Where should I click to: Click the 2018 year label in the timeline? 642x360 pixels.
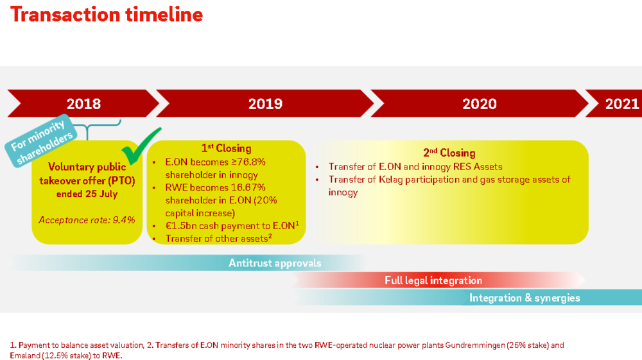click(x=83, y=104)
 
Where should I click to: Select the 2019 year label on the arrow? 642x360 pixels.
click(x=265, y=104)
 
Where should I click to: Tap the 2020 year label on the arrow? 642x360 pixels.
click(x=480, y=104)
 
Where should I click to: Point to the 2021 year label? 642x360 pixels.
click(x=622, y=104)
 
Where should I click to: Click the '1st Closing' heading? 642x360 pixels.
click(x=226, y=148)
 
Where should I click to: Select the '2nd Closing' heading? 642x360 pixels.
click(x=449, y=153)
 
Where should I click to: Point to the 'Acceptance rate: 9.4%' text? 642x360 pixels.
click(x=87, y=220)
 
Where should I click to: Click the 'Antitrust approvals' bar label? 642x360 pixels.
click(x=275, y=263)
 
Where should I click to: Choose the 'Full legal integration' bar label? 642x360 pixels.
click(x=433, y=280)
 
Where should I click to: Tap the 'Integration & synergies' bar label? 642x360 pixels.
click(x=525, y=298)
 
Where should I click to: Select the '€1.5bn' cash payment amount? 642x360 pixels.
click(x=181, y=226)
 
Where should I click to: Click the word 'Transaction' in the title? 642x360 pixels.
click(x=65, y=15)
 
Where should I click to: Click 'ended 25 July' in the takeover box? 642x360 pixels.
click(x=87, y=194)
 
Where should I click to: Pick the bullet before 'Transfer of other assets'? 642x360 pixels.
click(x=154, y=239)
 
